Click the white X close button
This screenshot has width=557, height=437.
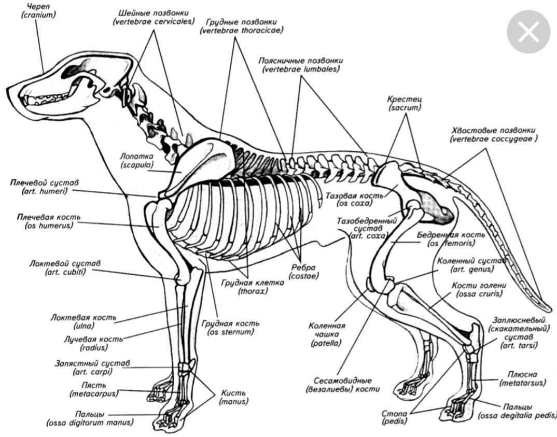point(528,32)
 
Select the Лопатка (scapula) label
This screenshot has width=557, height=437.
point(135,160)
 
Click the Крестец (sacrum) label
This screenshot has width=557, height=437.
point(405,103)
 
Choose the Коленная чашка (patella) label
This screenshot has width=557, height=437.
point(327,334)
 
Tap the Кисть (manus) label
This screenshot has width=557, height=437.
point(233,397)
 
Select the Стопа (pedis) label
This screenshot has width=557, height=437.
point(394,417)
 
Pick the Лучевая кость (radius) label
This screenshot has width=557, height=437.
point(87,343)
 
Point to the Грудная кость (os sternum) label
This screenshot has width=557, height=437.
point(231,328)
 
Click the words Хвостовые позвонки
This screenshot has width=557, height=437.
point(493,130)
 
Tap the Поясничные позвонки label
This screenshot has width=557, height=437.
point(301,61)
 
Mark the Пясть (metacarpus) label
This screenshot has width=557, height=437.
point(93,389)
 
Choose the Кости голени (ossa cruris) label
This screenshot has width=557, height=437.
point(479,289)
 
